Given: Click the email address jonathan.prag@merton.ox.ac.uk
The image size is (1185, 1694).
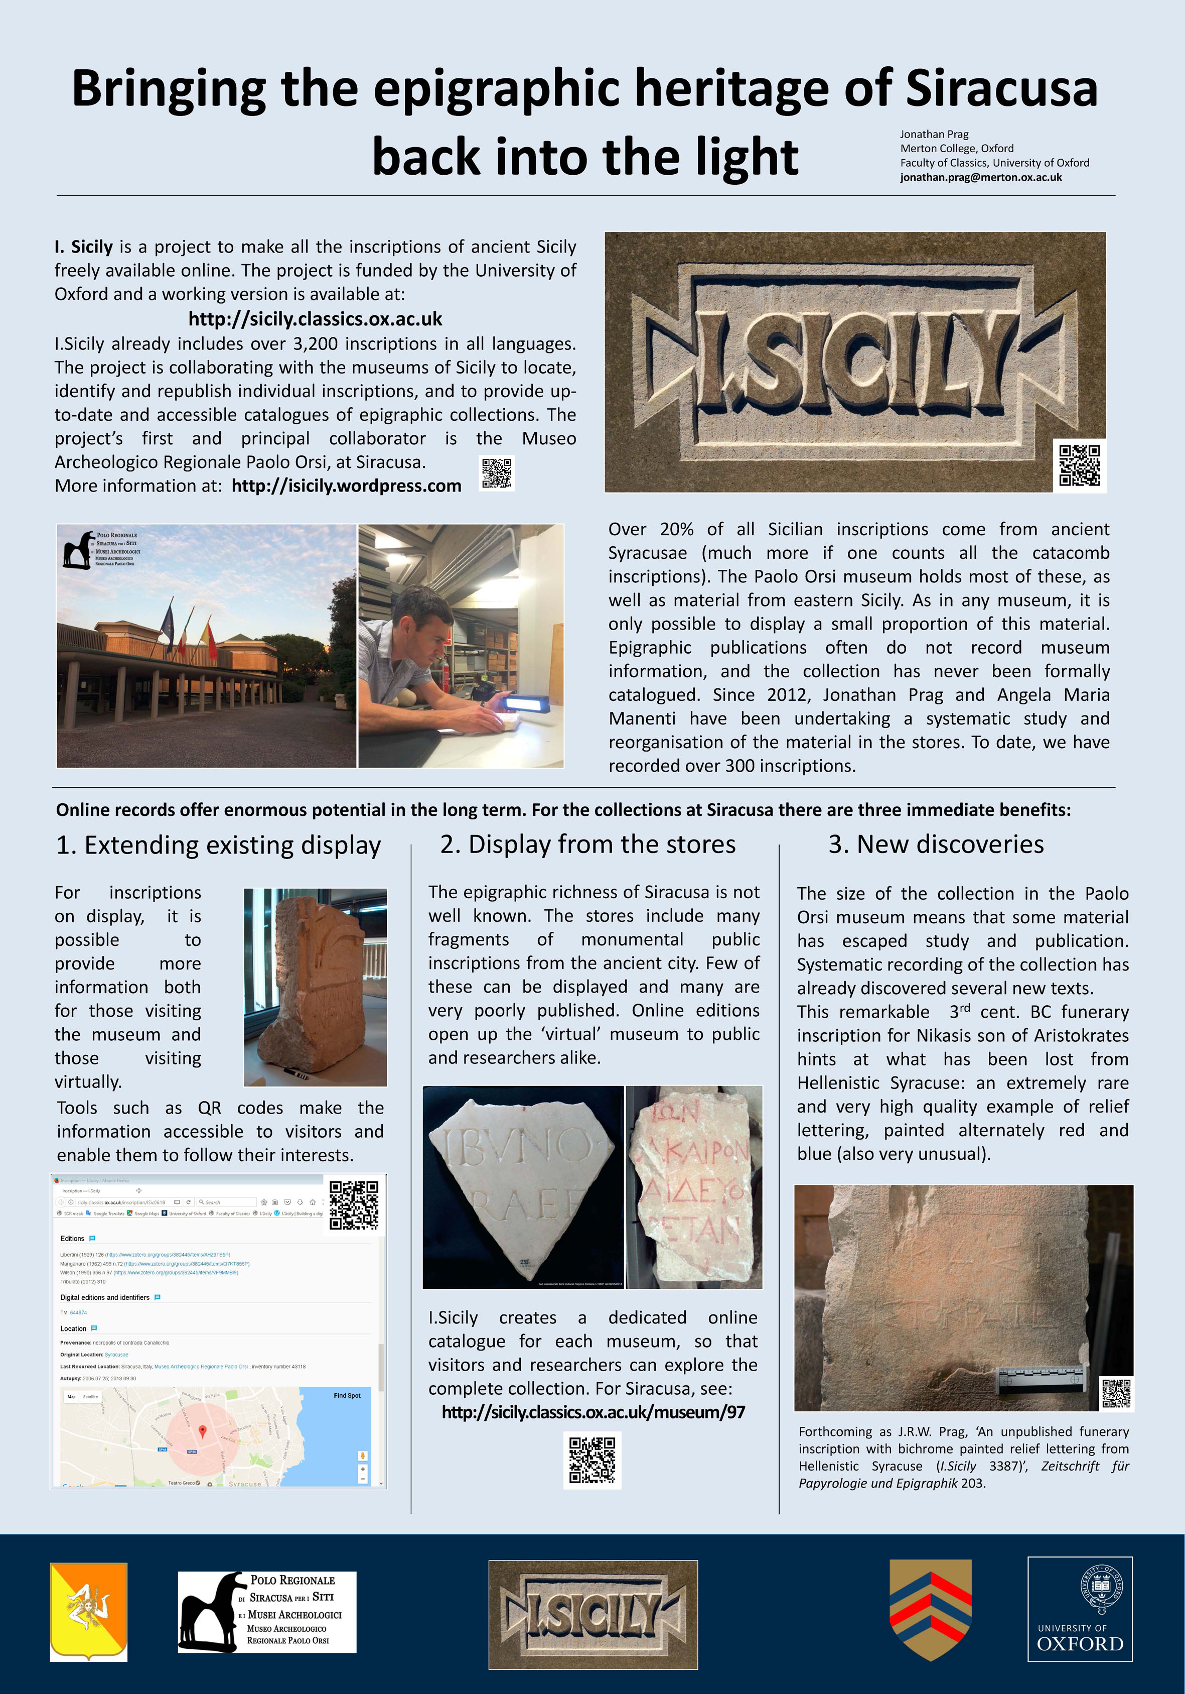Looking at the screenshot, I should click(981, 177).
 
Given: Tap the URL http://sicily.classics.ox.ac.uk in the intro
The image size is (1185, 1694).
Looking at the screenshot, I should click(315, 319).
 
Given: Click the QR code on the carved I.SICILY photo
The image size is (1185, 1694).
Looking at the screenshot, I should click(1079, 465).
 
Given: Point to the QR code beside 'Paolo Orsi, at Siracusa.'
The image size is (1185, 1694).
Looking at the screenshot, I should click(497, 473).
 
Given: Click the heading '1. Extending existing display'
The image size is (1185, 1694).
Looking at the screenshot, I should click(218, 845).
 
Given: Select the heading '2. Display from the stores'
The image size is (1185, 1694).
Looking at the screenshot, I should click(587, 844).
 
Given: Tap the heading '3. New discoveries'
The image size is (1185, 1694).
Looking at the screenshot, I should click(936, 844).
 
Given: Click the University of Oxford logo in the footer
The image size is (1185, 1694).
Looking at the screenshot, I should click(1080, 1609).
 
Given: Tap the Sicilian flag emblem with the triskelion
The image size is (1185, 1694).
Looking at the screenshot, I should click(88, 1611).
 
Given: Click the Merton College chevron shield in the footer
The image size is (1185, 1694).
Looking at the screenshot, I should click(931, 1609).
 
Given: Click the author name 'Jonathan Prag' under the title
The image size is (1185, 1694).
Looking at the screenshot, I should click(934, 134).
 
